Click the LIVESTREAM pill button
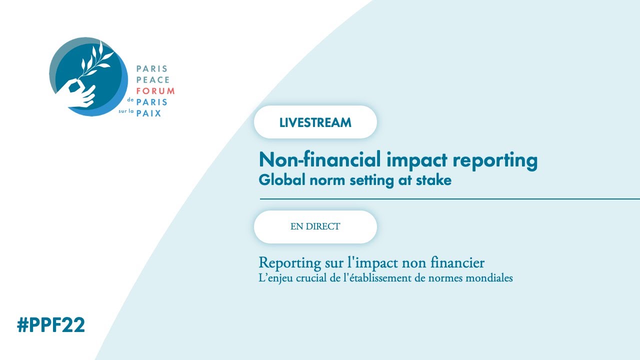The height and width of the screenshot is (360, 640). pyautogui.click(x=315, y=122)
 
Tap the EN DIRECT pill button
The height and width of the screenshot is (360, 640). pyautogui.click(x=315, y=226)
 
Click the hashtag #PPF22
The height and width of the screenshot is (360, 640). pyautogui.click(x=51, y=325)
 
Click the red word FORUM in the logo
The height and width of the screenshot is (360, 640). pyautogui.click(x=155, y=91)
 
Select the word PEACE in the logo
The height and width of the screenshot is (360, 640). pyautogui.click(x=153, y=80)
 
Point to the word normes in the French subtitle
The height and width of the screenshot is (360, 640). pyautogui.click(x=443, y=278)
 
